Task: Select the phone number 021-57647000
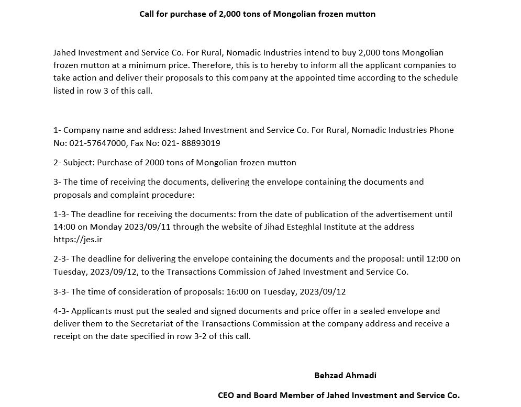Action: click(x=98, y=143)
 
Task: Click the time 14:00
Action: click(x=64, y=227)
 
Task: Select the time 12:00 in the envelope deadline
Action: click(x=436, y=259)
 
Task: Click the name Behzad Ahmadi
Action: click(x=345, y=375)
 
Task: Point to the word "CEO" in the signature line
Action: click(x=226, y=395)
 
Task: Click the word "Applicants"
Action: click(x=91, y=311)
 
